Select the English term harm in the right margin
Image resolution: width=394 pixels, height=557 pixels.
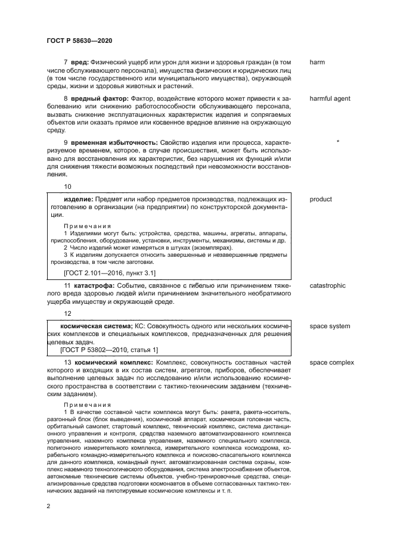(317, 62)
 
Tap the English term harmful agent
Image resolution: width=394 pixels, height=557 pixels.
(330, 98)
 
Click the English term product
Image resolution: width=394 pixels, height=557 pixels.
(321, 199)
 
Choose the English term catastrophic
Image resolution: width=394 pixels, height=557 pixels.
(327, 286)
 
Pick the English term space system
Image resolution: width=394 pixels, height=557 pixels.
(330, 326)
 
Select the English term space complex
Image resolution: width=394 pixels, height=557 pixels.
(331, 362)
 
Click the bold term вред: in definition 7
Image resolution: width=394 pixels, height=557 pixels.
(80, 62)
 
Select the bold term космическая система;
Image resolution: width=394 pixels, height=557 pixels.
(97, 326)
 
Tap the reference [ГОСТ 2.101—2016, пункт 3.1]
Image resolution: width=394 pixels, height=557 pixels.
(109, 273)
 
